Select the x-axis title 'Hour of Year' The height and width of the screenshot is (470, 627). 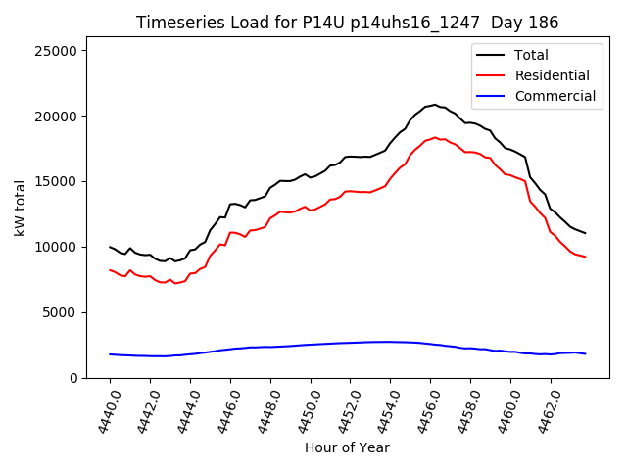(x=348, y=447)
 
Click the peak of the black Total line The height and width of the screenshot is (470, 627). (x=435, y=104)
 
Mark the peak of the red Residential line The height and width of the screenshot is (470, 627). (x=435, y=138)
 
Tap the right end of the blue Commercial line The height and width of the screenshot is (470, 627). (x=585, y=353)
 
